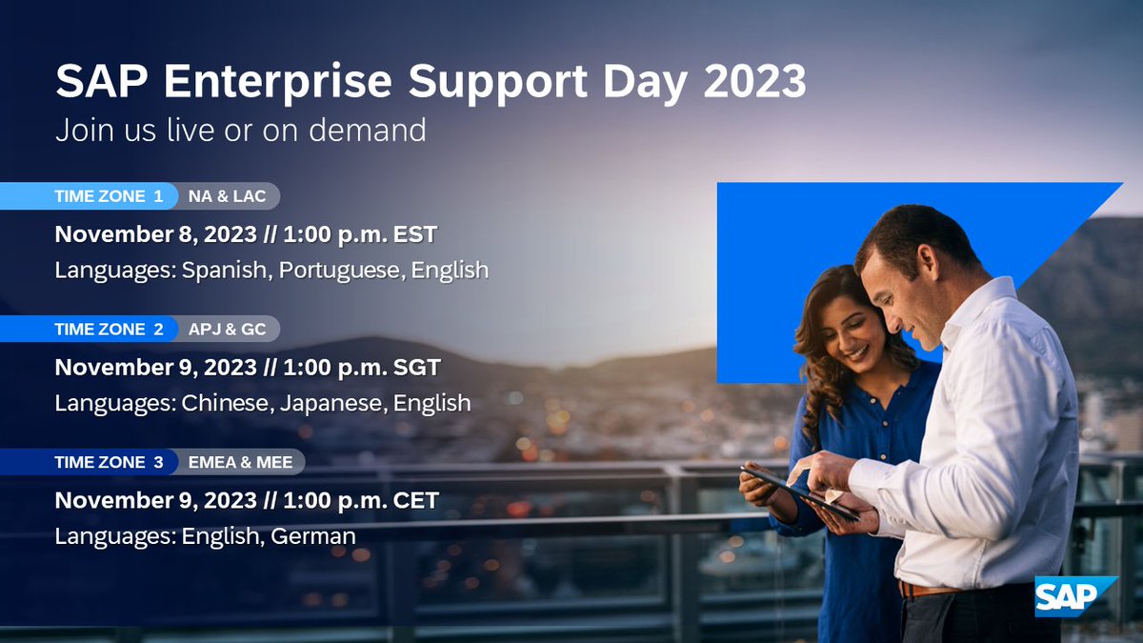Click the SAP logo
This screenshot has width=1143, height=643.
(1073, 597)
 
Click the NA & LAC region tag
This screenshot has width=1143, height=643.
(228, 197)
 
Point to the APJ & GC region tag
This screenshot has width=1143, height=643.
(228, 330)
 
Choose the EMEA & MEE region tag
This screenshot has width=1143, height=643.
(240, 462)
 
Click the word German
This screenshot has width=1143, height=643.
(313, 536)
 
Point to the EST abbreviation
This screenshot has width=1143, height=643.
(414, 234)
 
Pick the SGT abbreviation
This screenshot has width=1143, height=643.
(416, 368)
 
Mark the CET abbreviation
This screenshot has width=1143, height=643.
(415, 500)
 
